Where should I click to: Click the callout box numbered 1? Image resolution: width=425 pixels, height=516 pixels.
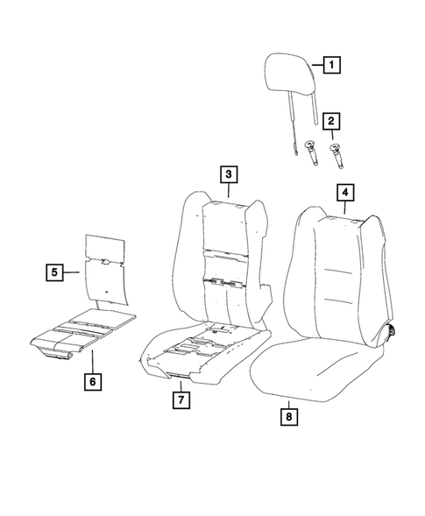click(x=330, y=64)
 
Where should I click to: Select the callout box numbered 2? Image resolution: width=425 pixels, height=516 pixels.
click(x=330, y=122)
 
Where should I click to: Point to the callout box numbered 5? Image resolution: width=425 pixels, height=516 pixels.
click(x=54, y=272)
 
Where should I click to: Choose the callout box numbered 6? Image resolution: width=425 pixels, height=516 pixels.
click(x=91, y=382)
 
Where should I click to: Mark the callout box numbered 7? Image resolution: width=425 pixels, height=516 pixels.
click(x=180, y=400)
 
